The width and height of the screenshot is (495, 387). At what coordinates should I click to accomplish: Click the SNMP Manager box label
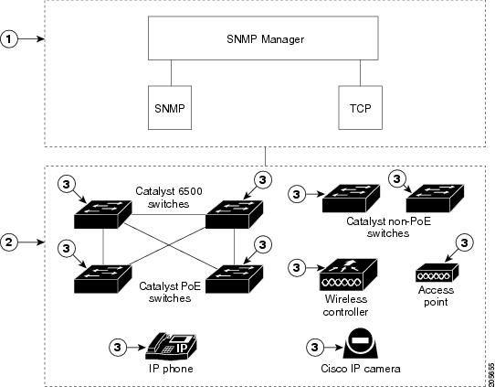tap(265, 39)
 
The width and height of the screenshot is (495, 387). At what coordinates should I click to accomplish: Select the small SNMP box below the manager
tap(170, 108)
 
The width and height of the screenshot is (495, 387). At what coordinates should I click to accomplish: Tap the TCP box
tap(360, 108)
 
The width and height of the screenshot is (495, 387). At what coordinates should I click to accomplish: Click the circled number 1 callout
tap(8, 39)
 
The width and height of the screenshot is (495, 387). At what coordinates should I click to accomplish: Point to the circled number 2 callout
tap(8, 242)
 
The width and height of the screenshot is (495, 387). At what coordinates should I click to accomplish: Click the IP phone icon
tap(171, 346)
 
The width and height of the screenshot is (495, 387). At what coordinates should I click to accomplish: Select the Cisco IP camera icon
tap(360, 345)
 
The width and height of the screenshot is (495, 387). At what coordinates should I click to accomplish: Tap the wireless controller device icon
tap(348, 274)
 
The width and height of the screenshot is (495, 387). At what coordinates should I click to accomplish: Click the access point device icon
tap(437, 273)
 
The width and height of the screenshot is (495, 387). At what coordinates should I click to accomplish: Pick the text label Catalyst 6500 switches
tap(169, 198)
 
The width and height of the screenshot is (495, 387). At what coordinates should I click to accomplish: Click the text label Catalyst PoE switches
tap(170, 292)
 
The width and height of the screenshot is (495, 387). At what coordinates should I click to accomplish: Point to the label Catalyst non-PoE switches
tap(388, 227)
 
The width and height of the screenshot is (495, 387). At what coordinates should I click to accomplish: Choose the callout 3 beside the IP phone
tap(118, 348)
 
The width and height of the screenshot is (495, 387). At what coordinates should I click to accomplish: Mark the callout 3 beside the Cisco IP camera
tap(314, 348)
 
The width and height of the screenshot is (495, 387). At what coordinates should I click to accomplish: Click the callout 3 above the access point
tap(464, 243)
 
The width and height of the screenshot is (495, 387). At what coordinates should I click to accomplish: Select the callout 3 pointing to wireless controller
tap(297, 268)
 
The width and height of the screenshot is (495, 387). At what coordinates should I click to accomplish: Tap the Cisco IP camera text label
tap(361, 369)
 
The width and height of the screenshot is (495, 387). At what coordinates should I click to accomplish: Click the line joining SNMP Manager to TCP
tap(360, 72)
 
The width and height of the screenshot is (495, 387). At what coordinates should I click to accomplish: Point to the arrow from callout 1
tap(31, 39)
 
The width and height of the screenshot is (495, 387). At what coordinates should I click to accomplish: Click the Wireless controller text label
tap(346, 306)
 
